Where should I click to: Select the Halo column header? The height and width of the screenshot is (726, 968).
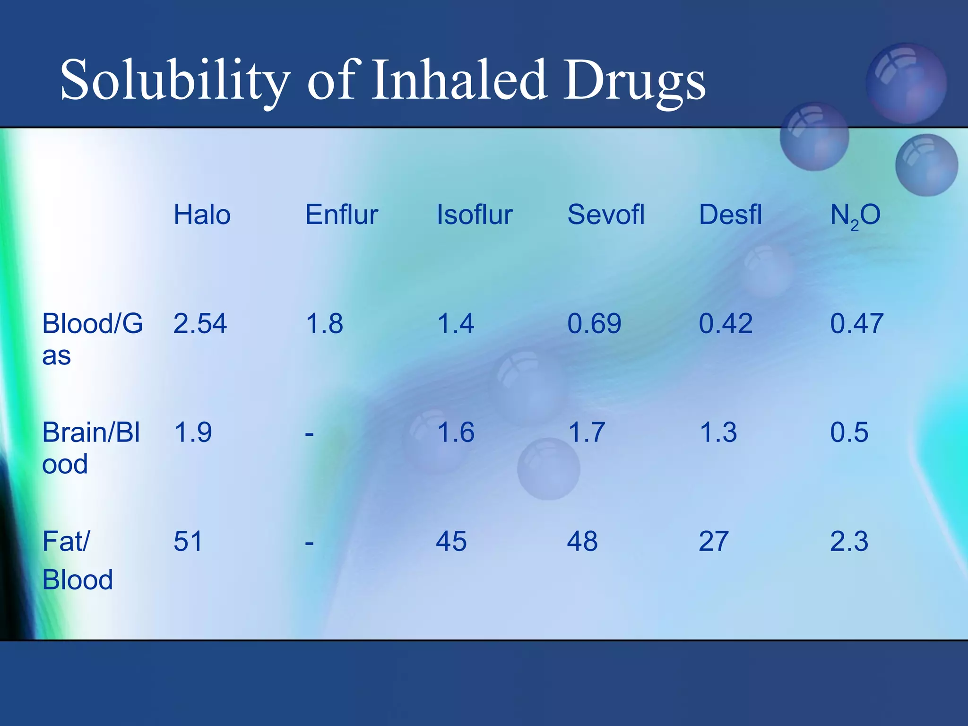click(202, 215)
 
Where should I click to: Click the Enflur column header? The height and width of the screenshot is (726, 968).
click(341, 215)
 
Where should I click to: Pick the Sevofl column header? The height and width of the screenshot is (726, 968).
click(605, 215)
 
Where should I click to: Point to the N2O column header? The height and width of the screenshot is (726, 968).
click(855, 216)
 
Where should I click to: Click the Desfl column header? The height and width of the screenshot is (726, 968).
click(730, 215)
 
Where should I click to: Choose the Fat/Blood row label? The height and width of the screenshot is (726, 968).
click(78, 560)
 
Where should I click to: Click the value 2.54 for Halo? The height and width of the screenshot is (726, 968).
click(200, 324)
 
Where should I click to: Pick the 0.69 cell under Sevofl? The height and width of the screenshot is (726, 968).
click(594, 324)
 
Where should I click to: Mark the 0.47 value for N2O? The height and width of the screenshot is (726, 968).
click(856, 324)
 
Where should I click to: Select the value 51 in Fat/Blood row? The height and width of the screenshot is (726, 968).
click(188, 541)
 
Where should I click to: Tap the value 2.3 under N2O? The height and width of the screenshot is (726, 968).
click(849, 541)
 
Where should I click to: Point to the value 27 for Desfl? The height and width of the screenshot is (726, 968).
click(713, 541)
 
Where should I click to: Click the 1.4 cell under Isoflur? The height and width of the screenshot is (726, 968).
click(455, 324)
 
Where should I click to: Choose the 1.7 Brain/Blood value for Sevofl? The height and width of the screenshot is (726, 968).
click(586, 432)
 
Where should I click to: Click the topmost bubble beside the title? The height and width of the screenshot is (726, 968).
click(906, 84)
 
